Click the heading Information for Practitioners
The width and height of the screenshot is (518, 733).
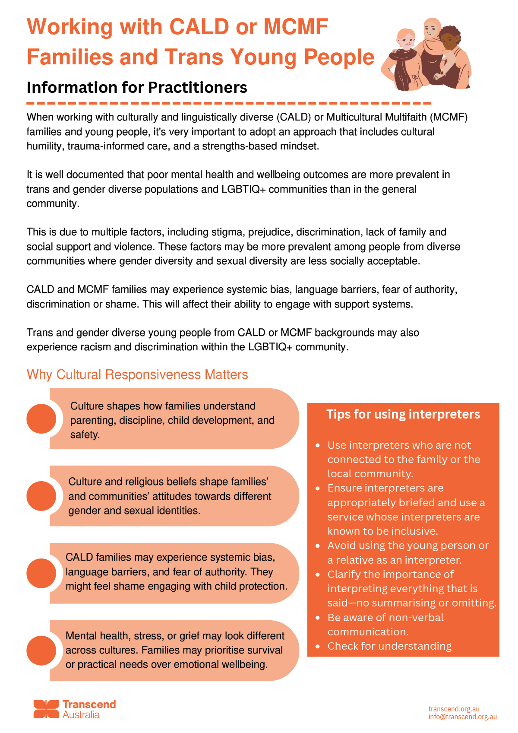(x=137, y=88)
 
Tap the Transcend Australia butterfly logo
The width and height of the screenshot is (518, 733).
(x=46, y=709)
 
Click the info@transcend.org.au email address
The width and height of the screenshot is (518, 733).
(x=462, y=717)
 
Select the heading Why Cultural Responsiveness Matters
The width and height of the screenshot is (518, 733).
(x=137, y=374)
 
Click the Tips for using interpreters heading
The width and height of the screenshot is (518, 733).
(x=403, y=414)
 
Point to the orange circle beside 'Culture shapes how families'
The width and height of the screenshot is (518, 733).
(x=41, y=419)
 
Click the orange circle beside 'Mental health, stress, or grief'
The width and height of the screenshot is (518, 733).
(x=41, y=650)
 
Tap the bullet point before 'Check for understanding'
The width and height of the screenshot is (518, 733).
(x=318, y=646)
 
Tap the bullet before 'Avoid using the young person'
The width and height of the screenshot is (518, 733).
(x=318, y=546)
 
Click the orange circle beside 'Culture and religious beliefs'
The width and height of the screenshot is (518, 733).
(x=41, y=496)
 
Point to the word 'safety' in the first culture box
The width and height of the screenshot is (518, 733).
(x=84, y=435)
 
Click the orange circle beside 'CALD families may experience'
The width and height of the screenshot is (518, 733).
(x=41, y=573)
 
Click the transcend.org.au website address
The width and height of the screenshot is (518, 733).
(x=454, y=709)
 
